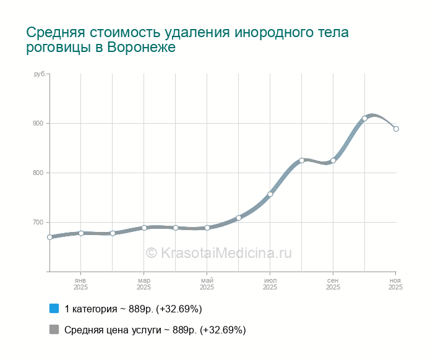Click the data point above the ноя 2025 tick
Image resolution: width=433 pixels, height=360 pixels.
[x=396, y=129]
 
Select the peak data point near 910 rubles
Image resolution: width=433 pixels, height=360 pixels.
[x=364, y=118]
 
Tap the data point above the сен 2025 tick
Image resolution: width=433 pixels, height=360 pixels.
[x=333, y=161]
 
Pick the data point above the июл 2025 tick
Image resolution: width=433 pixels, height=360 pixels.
[x=270, y=194]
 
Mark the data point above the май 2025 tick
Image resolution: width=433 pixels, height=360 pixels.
[x=207, y=228]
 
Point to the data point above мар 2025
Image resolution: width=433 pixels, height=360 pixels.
[x=144, y=228]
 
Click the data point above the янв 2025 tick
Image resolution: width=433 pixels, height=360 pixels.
[x=81, y=233]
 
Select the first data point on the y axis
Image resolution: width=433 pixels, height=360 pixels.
[x=49, y=237]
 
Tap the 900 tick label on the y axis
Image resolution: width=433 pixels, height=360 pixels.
[x=38, y=124]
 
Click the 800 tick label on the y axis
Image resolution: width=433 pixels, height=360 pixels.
[x=38, y=173]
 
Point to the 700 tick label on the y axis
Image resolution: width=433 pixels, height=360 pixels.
[x=38, y=223]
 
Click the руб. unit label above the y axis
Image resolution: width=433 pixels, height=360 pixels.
[x=39, y=74]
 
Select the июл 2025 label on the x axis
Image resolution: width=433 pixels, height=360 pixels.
[x=270, y=284]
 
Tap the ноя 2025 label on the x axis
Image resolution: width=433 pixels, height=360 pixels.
[x=395, y=284]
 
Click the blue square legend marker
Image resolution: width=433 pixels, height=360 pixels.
[x=54, y=309]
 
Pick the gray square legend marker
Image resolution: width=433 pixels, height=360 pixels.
[x=54, y=330]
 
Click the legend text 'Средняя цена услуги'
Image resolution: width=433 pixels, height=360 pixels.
[x=112, y=330]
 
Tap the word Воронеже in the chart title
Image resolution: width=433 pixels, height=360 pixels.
[x=142, y=48]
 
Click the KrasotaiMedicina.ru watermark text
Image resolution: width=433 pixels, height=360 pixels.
[x=218, y=252]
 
